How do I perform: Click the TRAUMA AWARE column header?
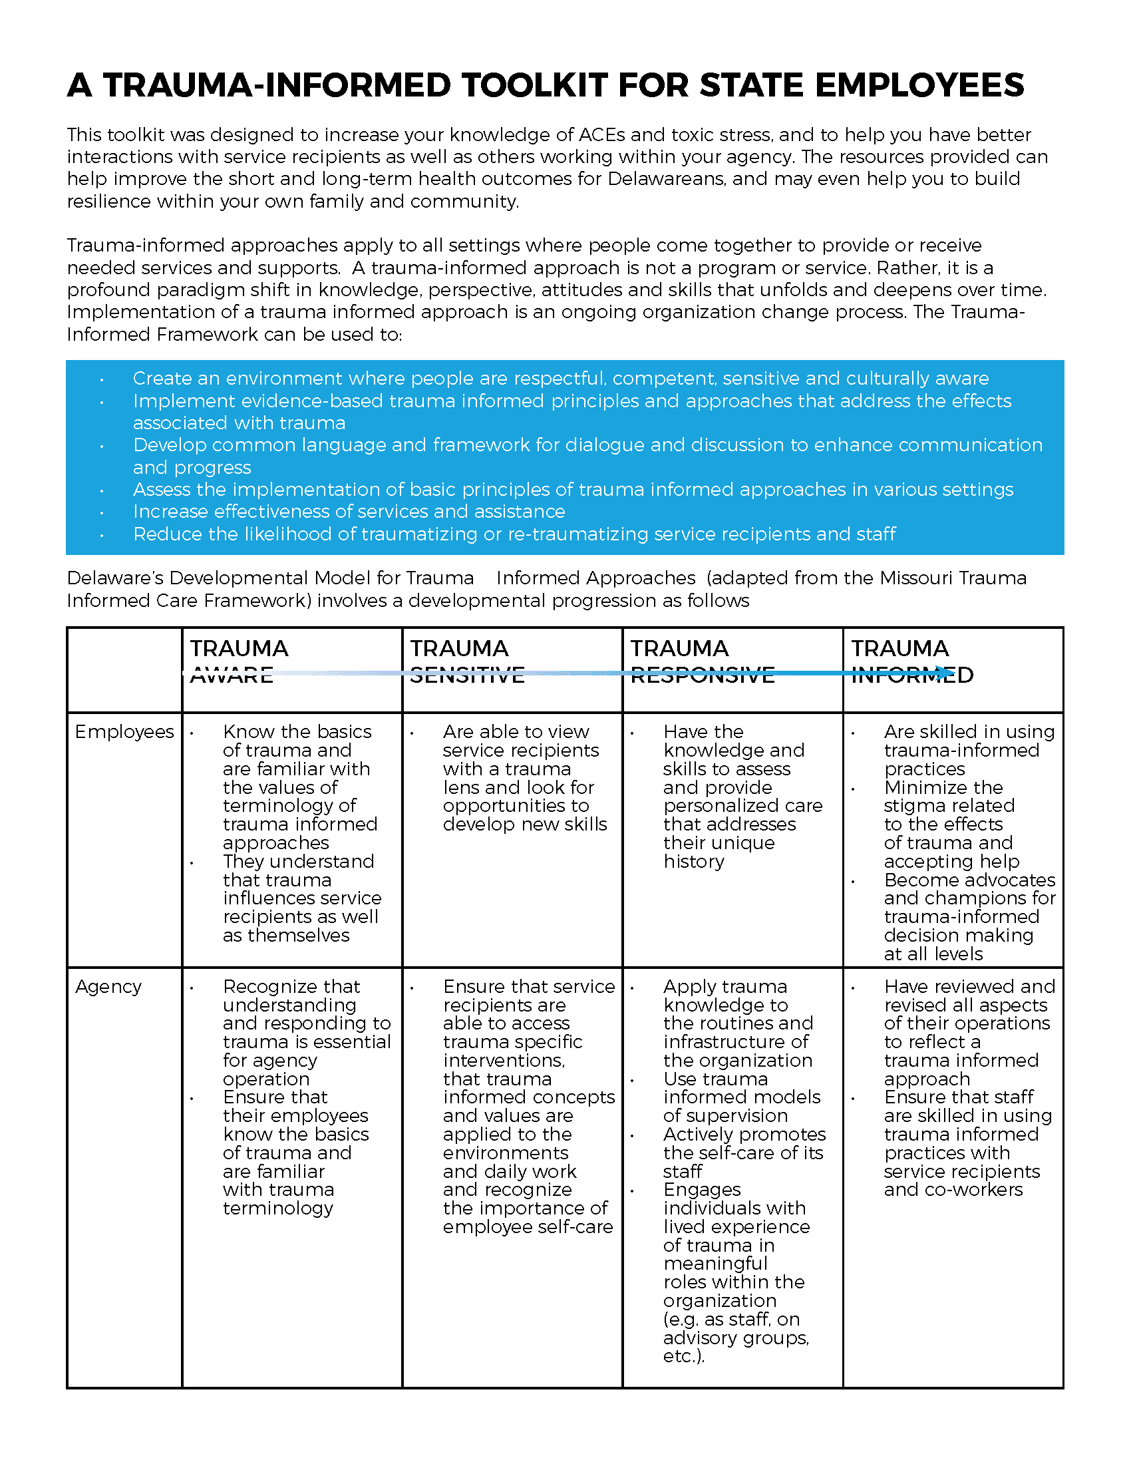[239, 661]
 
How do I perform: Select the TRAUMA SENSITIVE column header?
[466, 661]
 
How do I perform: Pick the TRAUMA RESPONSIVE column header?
[701, 661]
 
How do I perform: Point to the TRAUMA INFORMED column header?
[911, 661]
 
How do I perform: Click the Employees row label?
[124, 731]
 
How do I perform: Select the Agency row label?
[108, 986]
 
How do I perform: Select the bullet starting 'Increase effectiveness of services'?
[349, 512]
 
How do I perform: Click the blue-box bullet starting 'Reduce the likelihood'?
[513, 534]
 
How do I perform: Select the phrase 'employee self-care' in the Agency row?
[528, 1226]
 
